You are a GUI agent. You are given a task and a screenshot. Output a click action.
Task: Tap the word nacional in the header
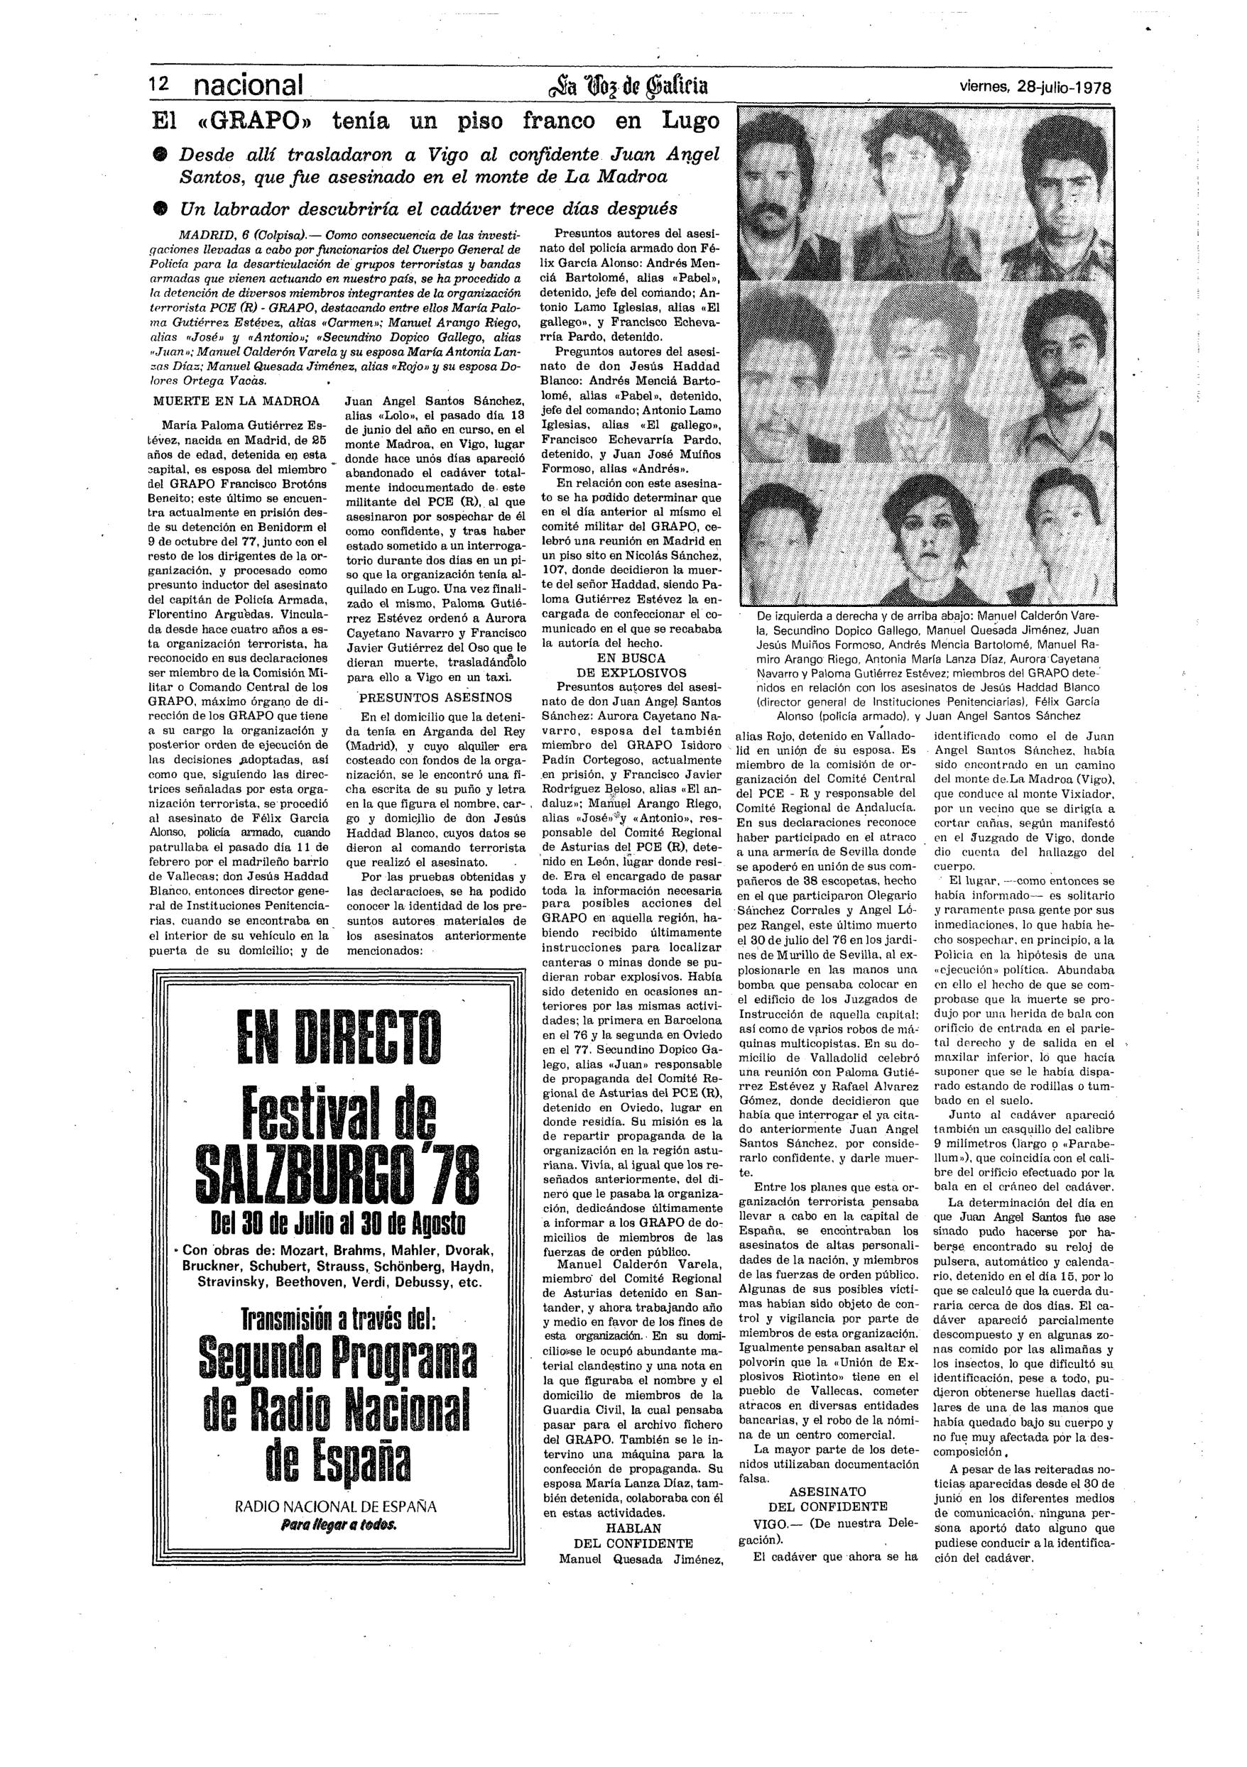pyautogui.click(x=248, y=85)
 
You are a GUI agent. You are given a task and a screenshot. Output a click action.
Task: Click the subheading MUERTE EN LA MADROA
pyautogui.click(x=236, y=401)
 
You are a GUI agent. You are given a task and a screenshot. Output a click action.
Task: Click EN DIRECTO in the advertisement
pyautogui.click(x=339, y=1033)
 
